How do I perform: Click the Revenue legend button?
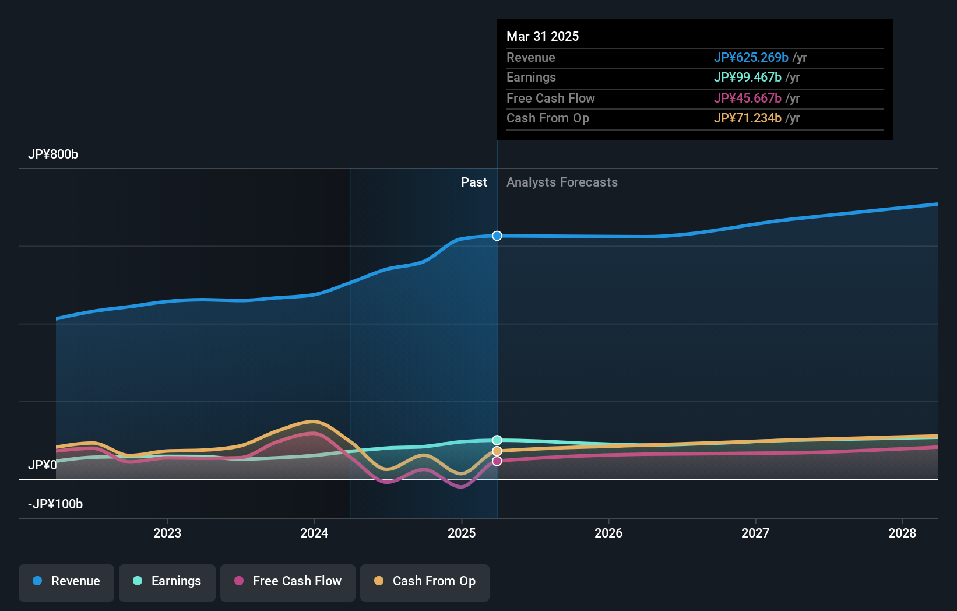[x=66, y=581]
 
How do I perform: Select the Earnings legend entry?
[x=167, y=581]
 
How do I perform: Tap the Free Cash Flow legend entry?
[x=288, y=581]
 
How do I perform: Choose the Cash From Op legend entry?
[x=425, y=581]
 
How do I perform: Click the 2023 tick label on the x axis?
[x=167, y=533]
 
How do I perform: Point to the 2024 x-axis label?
[x=314, y=533]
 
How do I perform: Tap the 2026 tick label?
[x=608, y=533]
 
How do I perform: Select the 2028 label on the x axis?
[x=902, y=533]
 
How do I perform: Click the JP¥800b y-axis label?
[x=53, y=154]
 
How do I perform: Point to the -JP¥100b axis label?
[x=55, y=504]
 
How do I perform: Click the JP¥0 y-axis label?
[x=43, y=465]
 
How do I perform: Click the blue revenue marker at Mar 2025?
[x=497, y=236]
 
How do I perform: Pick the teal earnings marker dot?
[x=497, y=440]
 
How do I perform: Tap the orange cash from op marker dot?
[x=497, y=451]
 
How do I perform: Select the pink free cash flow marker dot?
[x=497, y=461]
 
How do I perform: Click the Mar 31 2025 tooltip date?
[x=543, y=36]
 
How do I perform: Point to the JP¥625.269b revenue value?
[x=751, y=57]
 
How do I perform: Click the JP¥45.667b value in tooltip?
[x=747, y=98]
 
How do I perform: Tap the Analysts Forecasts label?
[x=562, y=182]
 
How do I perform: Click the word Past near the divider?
[x=474, y=182]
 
